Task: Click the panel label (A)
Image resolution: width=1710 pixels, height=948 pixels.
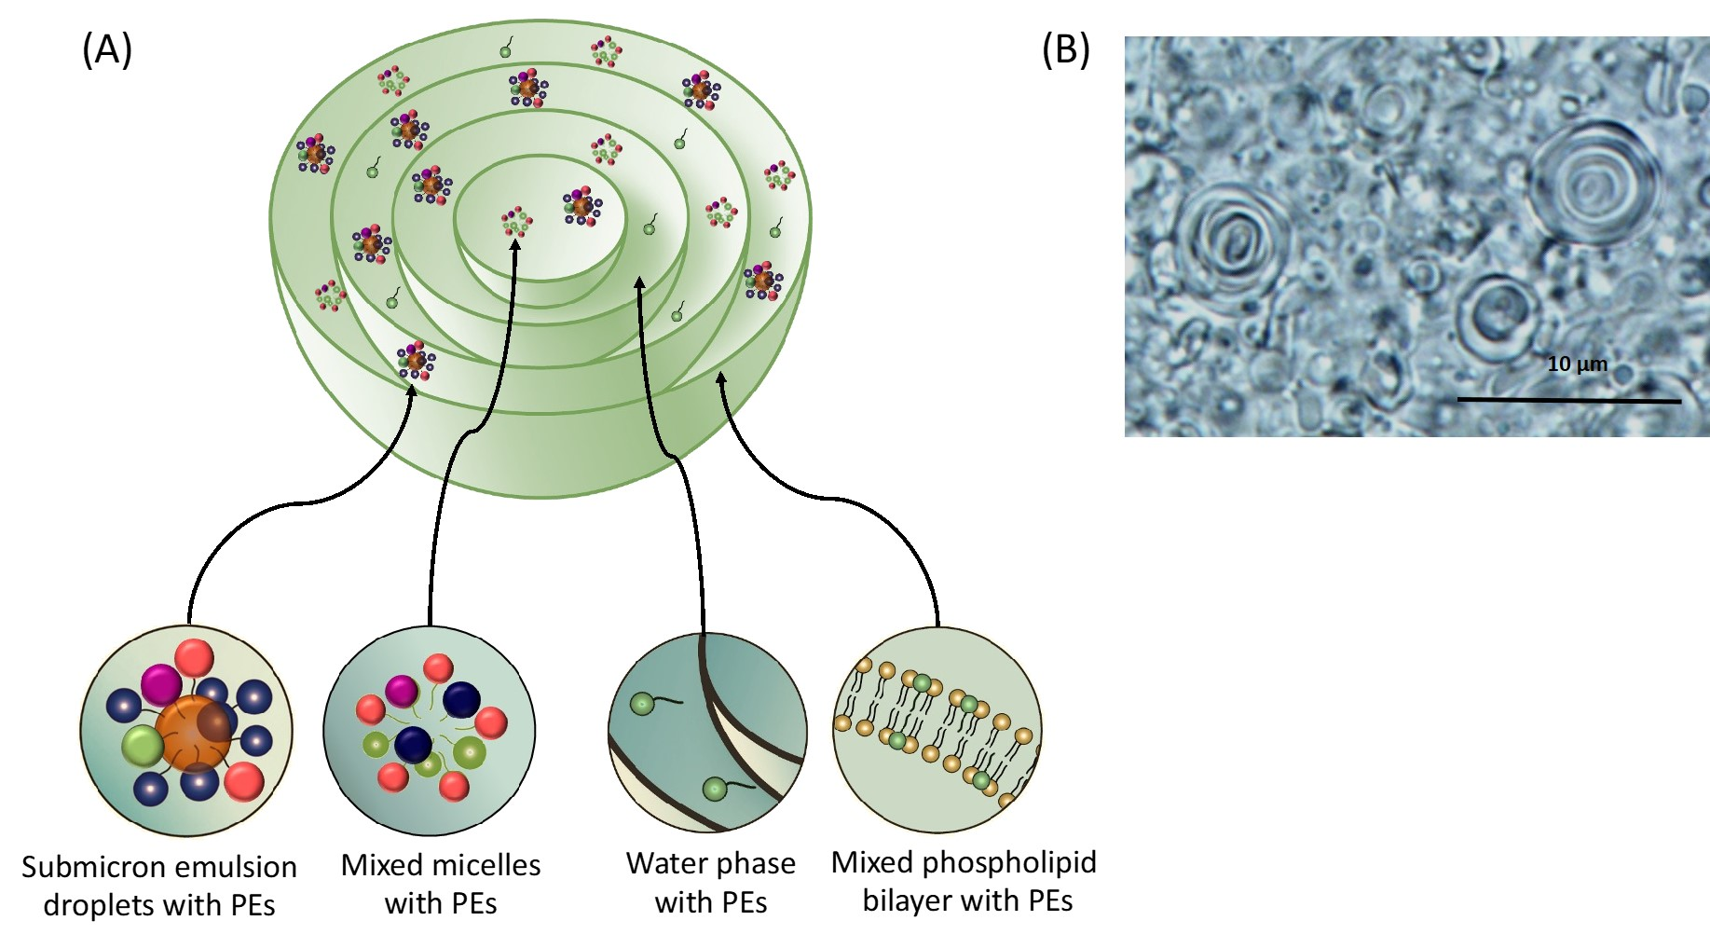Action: tap(107, 50)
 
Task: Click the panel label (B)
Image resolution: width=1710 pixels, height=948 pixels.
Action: tap(1065, 50)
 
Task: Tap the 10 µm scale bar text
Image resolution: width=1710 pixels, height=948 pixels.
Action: tap(1577, 364)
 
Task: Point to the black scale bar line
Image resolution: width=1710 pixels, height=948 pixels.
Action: tap(1568, 401)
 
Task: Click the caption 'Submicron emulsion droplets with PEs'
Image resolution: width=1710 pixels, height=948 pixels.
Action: tap(159, 886)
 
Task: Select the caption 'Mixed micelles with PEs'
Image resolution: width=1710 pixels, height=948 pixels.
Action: tap(441, 884)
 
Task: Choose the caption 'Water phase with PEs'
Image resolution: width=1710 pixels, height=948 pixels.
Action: tap(710, 883)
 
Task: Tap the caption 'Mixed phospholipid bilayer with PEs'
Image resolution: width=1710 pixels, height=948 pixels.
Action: tap(964, 881)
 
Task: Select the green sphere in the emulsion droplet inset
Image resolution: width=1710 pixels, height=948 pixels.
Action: tap(143, 747)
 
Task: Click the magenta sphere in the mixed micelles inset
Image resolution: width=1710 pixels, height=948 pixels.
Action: tap(402, 691)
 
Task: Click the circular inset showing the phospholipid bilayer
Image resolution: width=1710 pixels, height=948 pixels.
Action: tap(937, 729)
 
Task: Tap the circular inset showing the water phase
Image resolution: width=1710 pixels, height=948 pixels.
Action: tap(707, 732)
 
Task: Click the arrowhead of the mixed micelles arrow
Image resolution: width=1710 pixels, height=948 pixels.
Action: tap(514, 247)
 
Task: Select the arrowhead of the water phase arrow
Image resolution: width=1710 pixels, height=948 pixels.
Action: tap(639, 282)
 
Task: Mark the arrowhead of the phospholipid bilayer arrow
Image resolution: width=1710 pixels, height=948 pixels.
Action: tap(720, 378)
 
